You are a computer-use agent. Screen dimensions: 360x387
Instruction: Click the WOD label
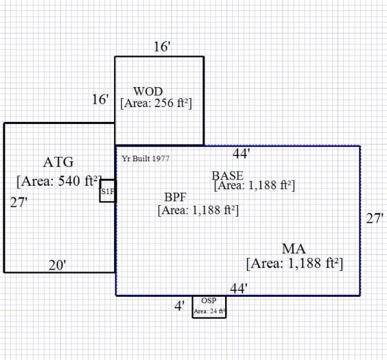[148, 92]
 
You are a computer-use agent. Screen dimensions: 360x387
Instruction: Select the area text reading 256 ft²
[157, 103]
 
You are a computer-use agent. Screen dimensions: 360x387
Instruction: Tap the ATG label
[59, 161]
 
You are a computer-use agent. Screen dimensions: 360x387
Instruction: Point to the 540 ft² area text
[59, 180]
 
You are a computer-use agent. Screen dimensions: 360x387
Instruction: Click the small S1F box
[107, 191]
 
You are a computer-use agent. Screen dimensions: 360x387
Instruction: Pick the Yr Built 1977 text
[145, 159]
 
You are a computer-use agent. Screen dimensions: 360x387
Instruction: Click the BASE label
[228, 175]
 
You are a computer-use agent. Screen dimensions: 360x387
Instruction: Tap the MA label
[293, 249]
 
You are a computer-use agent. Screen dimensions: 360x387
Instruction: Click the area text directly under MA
[293, 264]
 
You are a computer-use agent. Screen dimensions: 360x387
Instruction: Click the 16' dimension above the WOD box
[162, 47]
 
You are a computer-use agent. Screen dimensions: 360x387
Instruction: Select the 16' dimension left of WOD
[101, 99]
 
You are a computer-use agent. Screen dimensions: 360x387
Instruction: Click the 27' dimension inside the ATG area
[19, 202]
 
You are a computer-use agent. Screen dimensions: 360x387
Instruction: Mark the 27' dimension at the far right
[375, 219]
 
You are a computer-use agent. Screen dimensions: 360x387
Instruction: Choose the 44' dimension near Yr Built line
[241, 154]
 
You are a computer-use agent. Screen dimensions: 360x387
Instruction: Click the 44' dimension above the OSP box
[239, 289]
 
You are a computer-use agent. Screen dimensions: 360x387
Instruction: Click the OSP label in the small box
[208, 301]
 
